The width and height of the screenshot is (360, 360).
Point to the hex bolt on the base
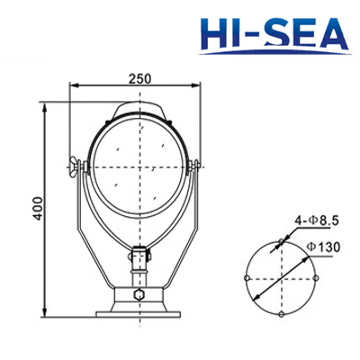pos(139,293)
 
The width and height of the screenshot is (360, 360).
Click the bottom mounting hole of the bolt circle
pos(281,316)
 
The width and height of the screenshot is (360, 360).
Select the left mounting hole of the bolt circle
pos(245,280)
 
